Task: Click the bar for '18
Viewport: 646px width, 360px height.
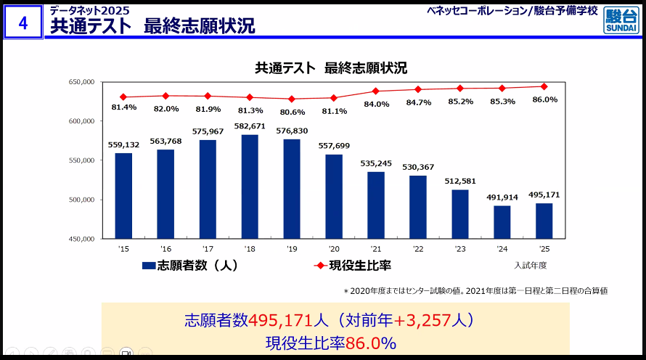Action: [x=250, y=187]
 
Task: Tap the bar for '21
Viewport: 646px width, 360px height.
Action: [x=376, y=205]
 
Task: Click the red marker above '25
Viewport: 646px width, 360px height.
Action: [x=544, y=86]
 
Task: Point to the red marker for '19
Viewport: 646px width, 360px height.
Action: [x=292, y=99]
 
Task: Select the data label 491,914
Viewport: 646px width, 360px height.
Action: [x=502, y=197]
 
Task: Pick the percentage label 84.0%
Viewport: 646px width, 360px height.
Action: [x=377, y=104]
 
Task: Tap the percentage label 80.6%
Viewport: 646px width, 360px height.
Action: [x=293, y=112]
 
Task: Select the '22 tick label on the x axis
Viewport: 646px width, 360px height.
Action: [x=418, y=249]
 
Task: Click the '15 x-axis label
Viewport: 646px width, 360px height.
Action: [x=123, y=249]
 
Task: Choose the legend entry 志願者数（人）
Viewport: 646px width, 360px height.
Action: [x=191, y=266]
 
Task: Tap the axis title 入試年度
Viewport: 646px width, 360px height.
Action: [x=531, y=266]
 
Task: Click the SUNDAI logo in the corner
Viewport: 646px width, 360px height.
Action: [x=621, y=20]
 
